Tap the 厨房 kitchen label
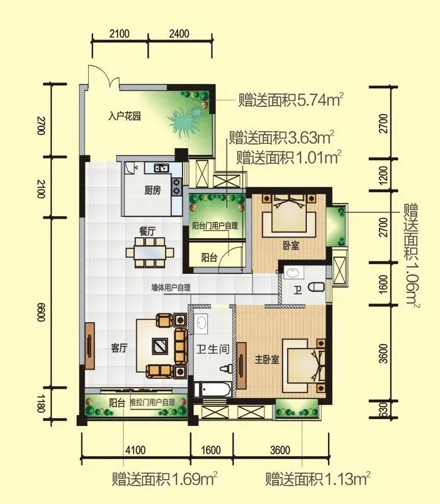[152, 190]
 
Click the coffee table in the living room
[159, 345]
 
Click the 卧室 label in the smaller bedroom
[291, 246]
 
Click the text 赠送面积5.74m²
[291, 100]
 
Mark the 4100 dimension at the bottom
[135, 450]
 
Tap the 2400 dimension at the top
[179, 34]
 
